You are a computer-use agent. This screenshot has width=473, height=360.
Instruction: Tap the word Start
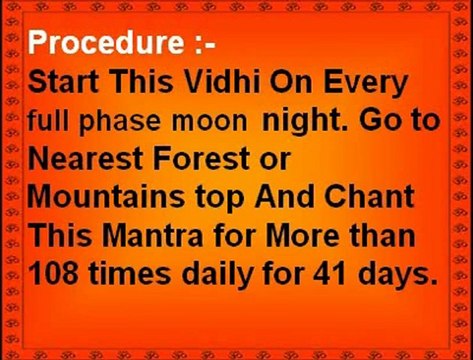pyautogui.click(x=65, y=84)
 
